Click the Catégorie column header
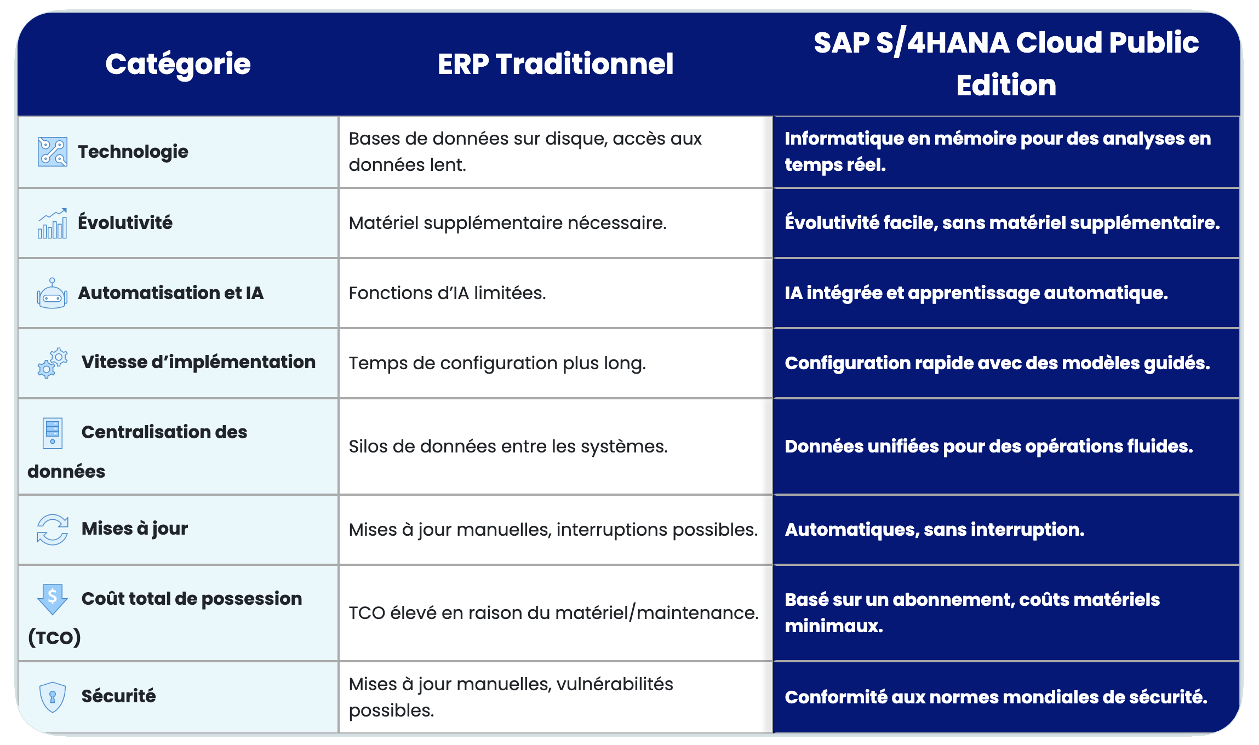click(x=178, y=64)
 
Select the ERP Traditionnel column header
click(x=556, y=64)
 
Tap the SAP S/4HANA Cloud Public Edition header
click(x=1006, y=64)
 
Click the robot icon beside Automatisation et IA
click(x=52, y=294)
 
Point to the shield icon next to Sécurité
click(x=53, y=697)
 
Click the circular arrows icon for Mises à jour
click(x=53, y=529)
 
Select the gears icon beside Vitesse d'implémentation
click(x=53, y=363)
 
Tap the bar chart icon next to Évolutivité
click(x=53, y=224)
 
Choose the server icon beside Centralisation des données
click(x=53, y=433)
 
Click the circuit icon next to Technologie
click(x=53, y=152)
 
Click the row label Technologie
click(x=133, y=152)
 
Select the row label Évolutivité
click(x=125, y=222)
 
